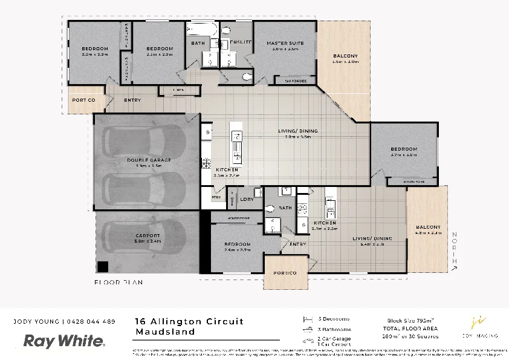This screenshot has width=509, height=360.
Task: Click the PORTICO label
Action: click(284, 273)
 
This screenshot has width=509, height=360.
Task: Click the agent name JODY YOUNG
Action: click(37, 321)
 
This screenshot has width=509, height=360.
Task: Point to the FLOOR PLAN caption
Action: click(118, 283)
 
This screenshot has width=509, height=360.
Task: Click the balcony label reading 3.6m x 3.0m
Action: click(345, 61)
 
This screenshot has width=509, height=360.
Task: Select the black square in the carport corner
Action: click(103, 266)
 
